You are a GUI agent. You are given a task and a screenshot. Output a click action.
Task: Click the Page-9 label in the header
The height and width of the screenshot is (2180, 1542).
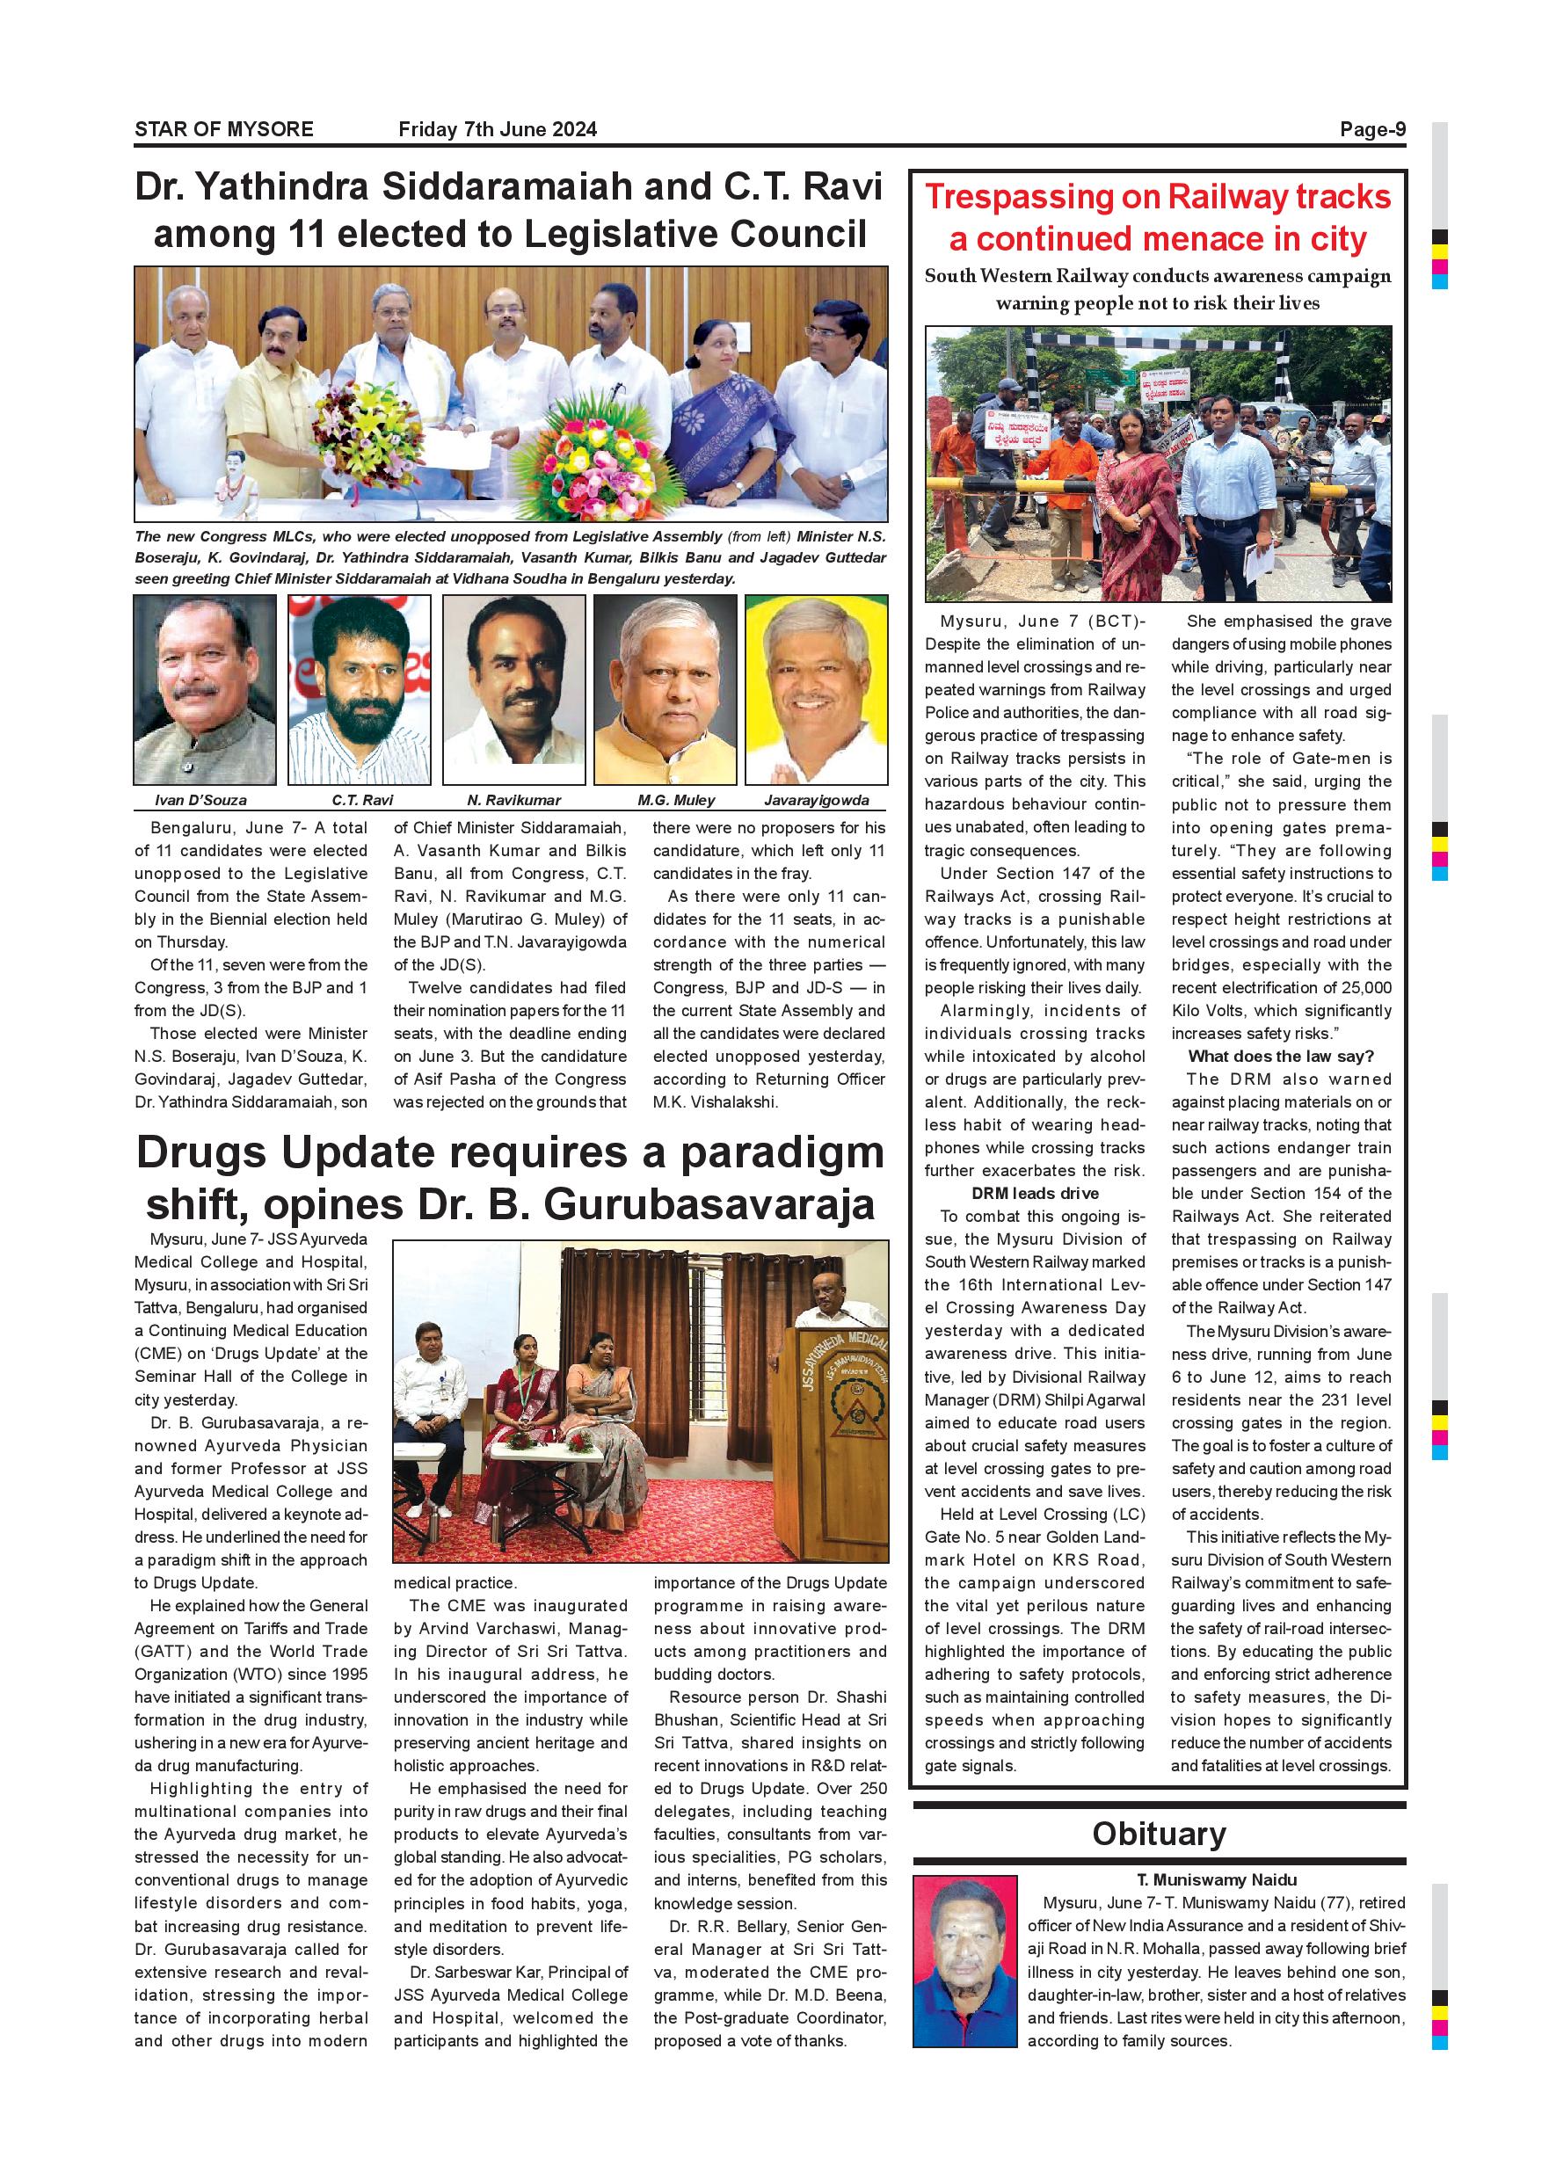[x=1372, y=129]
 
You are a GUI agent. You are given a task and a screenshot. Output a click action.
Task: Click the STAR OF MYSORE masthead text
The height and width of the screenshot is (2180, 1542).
[x=224, y=129]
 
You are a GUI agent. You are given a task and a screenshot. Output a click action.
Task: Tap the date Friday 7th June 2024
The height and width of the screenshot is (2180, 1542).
[x=498, y=129]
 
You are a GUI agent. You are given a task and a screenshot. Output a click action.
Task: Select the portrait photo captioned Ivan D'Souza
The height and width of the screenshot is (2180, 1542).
[x=205, y=689]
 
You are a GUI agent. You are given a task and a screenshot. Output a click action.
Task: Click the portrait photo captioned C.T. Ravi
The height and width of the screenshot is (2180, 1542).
[x=359, y=689]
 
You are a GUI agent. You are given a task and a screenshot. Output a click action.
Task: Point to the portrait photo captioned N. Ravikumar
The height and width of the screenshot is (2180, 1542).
[x=513, y=689]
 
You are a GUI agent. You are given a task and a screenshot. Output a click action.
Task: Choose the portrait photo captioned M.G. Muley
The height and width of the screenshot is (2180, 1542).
[x=665, y=689]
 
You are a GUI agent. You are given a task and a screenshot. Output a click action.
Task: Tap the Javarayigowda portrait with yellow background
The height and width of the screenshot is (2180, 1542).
[x=817, y=689]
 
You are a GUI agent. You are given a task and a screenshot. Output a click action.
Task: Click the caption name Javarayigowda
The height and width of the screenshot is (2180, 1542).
[x=817, y=801]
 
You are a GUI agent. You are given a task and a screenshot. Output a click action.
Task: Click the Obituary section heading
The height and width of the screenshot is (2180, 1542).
[x=1159, y=1834]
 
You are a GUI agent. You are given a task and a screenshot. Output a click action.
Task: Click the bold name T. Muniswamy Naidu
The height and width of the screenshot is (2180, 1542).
[x=1217, y=1880]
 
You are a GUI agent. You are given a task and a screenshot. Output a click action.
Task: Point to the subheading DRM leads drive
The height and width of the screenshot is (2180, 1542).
[x=1035, y=1194]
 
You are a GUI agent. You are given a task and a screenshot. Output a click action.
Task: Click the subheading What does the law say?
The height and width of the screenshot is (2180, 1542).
[x=1281, y=1056]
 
